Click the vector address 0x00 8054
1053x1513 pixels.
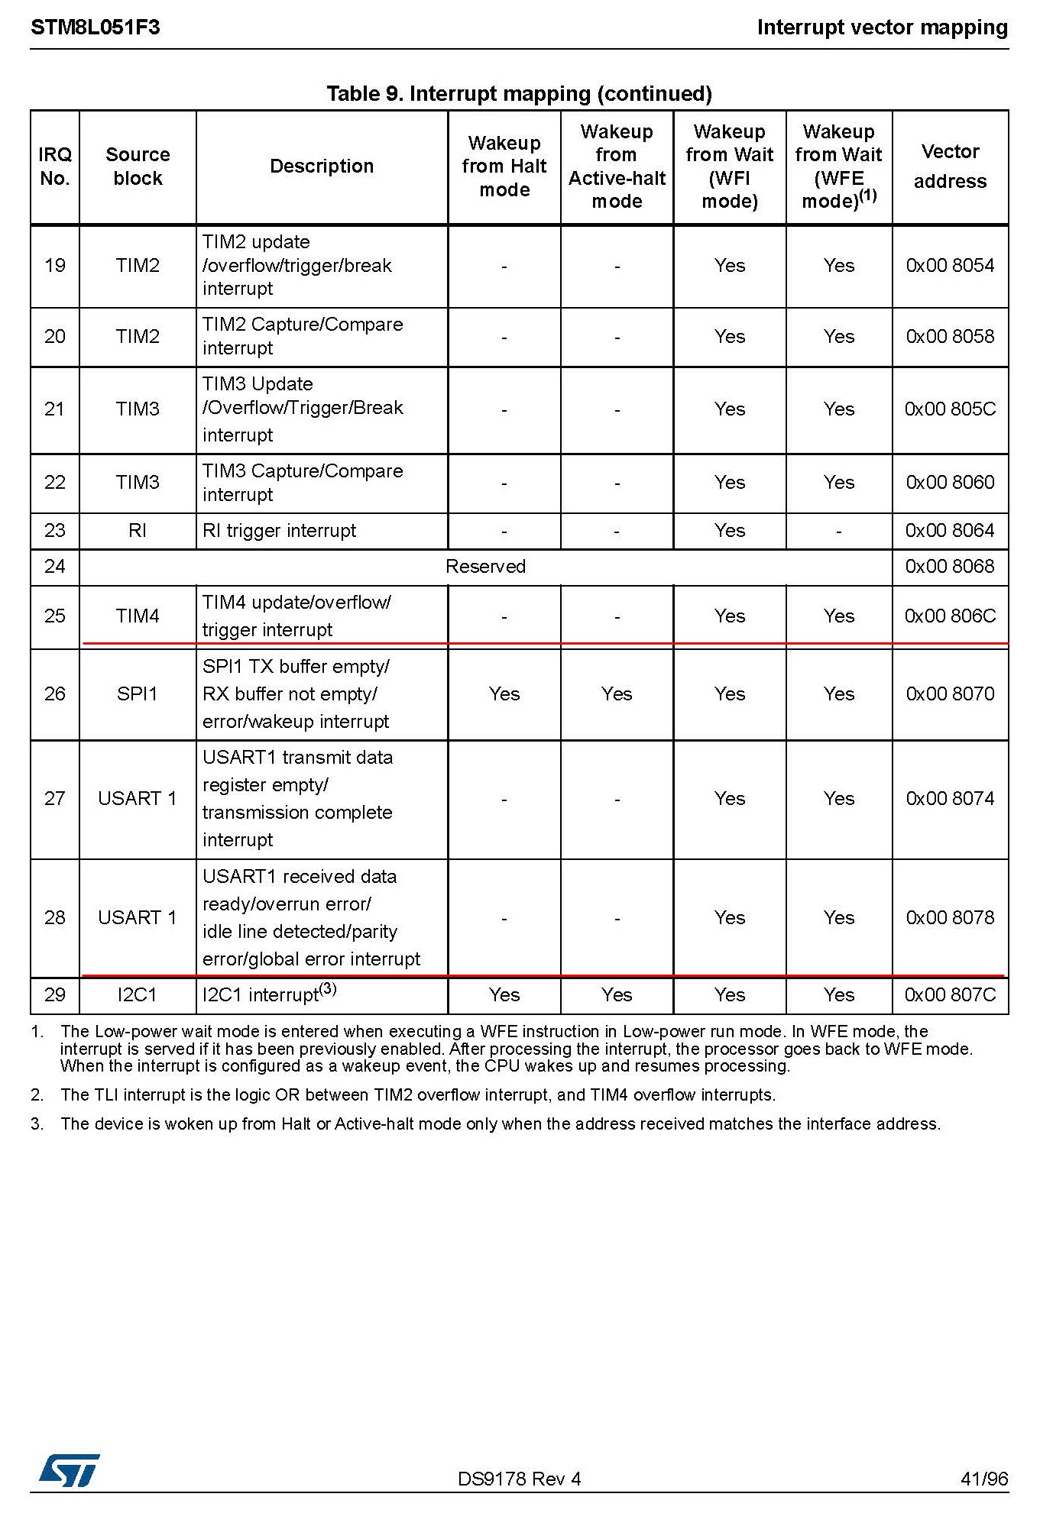coord(950,266)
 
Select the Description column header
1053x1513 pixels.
coord(322,166)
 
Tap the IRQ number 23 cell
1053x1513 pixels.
coord(54,531)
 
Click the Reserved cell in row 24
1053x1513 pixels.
coord(485,567)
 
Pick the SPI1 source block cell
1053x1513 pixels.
coord(138,694)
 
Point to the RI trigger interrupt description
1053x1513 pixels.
coord(280,531)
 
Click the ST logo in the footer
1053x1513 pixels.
coord(69,1470)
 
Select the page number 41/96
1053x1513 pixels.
coord(984,1479)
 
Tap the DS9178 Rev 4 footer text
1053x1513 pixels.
coord(519,1479)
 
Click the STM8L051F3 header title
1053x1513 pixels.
coord(96,27)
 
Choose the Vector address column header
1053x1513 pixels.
coord(950,166)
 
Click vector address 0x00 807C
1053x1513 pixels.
coord(950,995)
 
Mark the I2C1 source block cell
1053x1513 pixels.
coord(138,995)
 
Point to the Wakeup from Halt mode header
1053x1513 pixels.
coord(504,166)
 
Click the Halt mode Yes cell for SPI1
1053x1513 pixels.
coord(504,694)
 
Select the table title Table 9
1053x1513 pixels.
coord(519,94)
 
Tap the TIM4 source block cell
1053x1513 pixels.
coord(138,616)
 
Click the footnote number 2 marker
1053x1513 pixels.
coord(37,1095)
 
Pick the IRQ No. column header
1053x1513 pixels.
coord(54,166)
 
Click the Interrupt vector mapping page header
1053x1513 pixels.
coord(882,27)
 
